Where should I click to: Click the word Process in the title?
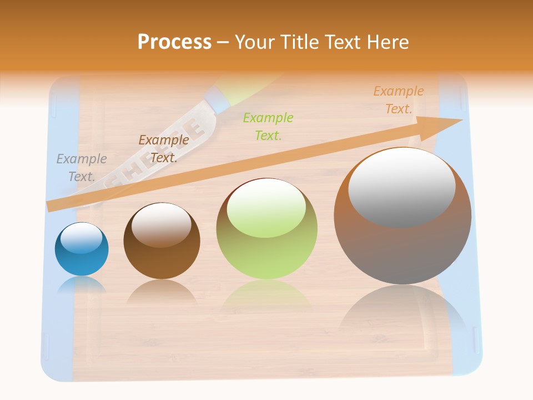click(x=174, y=42)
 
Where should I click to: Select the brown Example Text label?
click(x=163, y=149)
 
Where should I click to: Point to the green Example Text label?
click(x=268, y=126)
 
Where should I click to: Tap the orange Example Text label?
click(x=398, y=100)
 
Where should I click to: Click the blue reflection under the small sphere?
click(x=82, y=284)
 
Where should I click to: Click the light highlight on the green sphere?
click(x=266, y=208)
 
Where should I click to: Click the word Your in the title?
click(x=257, y=42)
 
